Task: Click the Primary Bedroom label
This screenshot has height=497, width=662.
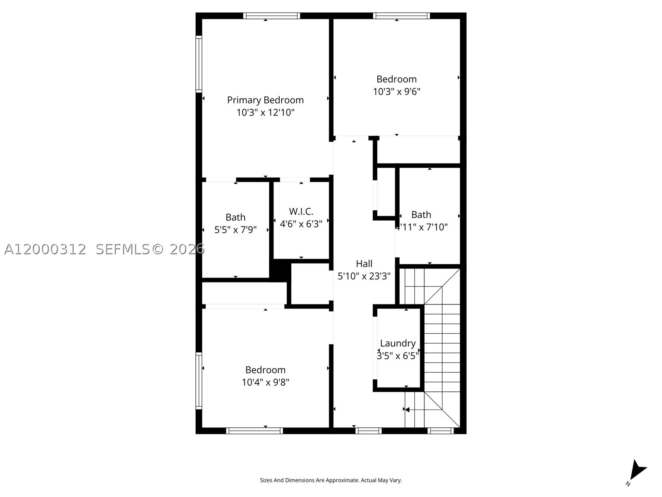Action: (265, 100)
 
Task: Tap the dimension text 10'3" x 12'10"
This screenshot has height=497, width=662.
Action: (265, 113)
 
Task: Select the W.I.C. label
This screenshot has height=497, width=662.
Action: (301, 211)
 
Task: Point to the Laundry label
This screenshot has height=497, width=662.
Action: (398, 343)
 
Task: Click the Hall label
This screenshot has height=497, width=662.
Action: (364, 264)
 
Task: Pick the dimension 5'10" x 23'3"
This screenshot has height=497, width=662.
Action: (364, 276)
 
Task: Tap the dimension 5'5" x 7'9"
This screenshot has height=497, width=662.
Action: (235, 230)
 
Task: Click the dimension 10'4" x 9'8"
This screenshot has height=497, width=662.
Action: (265, 382)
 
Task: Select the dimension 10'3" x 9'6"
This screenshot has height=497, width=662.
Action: (397, 92)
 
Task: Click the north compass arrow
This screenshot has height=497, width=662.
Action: (637, 471)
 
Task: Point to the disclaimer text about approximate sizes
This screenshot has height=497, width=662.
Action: (331, 480)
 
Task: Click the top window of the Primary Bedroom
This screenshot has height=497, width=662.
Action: (271, 16)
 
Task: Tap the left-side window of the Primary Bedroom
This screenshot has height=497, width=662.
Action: (199, 64)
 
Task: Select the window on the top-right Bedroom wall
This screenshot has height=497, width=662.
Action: (401, 16)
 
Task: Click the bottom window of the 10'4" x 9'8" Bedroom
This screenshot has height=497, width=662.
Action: (254, 431)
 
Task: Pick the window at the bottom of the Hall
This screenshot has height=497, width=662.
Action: (368, 431)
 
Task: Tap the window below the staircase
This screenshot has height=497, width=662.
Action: (441, 431)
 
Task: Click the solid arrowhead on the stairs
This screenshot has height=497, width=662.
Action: (407, 410)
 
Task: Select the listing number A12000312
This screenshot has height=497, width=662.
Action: (45, 249)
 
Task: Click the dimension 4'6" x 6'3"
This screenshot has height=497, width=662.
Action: (301, 224)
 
